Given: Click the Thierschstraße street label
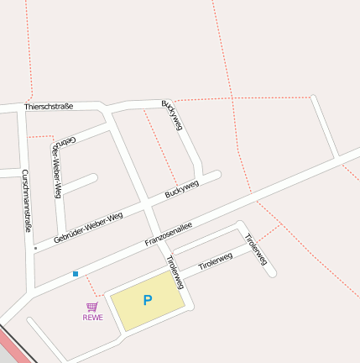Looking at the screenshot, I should [49, 107].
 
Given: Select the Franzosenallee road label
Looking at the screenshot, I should [169, 234].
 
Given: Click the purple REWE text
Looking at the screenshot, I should [92, 318].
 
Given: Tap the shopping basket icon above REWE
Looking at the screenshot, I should [92, 308].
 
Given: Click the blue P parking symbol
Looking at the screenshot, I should [148, 300].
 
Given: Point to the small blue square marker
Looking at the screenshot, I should [76, 274].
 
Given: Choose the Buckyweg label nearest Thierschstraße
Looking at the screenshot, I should [172, 114].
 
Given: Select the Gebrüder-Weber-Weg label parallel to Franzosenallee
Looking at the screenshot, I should [88, 228].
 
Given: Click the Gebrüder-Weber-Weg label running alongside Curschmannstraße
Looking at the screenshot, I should [58, 168].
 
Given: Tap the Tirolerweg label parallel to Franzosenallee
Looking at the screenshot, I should [215, 261].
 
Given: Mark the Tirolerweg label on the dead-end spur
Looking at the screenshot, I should [256, 250].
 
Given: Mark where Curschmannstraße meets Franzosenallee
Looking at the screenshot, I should [31, 290].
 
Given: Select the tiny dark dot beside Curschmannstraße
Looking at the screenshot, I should [35, 249].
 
